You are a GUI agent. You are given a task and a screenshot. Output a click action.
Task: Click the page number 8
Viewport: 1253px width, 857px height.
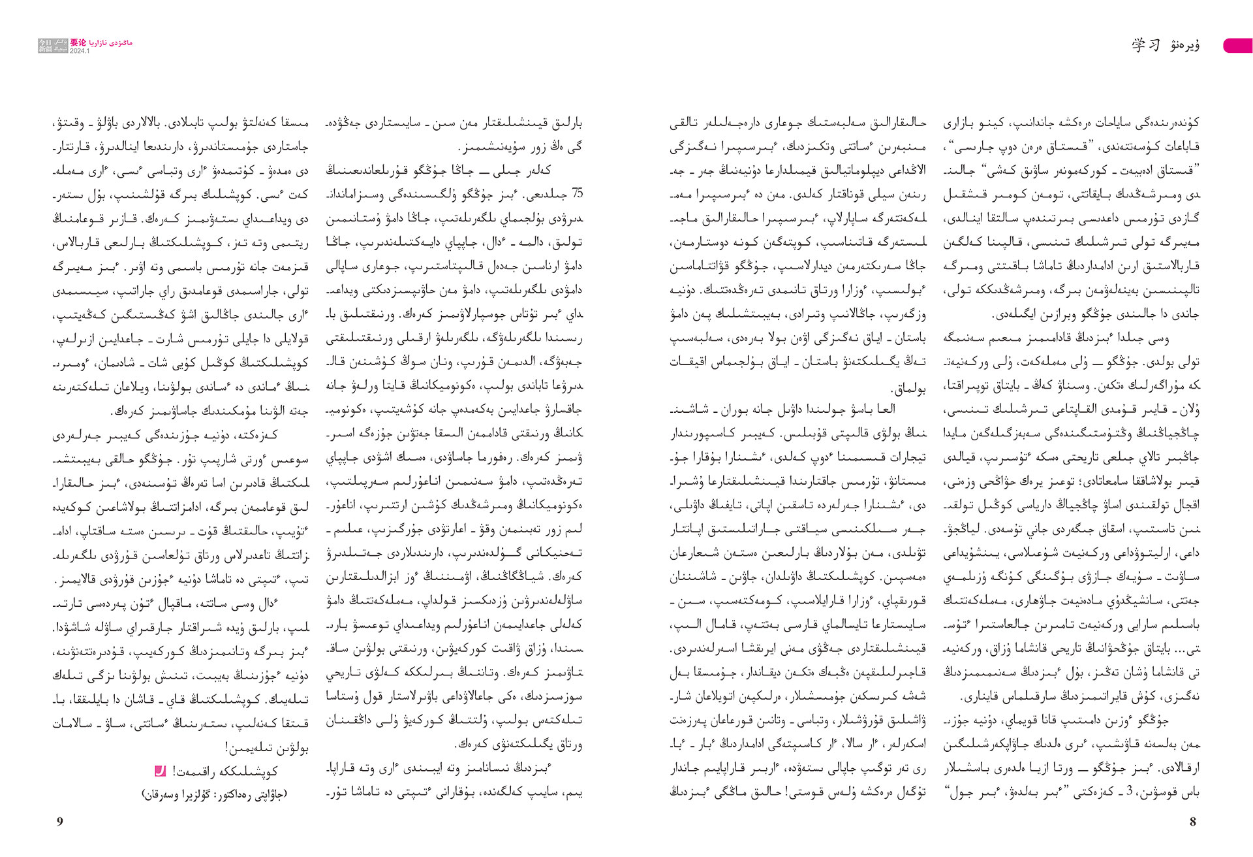pyautogui.click(x=1193, y=822)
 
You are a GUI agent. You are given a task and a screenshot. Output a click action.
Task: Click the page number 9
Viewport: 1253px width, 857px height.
pyautogui.click(x=60, y=822)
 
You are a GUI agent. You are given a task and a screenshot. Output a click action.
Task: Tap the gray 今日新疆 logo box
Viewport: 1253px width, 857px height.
pyautogui.click(x=53, y=45)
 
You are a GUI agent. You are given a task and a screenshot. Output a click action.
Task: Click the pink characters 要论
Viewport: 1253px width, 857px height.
pyautogui.click(x=78, y=42)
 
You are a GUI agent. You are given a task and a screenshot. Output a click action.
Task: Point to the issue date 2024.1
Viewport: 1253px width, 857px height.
pyautogui.click(x=80, y=51)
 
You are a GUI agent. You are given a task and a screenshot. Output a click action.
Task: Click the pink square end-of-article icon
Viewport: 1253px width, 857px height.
pyautogui.click(x=160, y=771)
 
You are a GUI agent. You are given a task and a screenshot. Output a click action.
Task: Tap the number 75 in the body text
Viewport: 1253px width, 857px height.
pyautogui.click(x=577, y=194)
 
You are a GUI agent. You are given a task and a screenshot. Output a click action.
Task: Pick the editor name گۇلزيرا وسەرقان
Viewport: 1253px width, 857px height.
pyautogui.click(x=177, y=794)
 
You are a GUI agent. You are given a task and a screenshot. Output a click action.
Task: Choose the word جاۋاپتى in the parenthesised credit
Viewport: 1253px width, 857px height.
pyautogui.click(x=270, y=794)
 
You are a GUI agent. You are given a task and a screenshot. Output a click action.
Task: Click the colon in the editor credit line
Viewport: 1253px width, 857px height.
pyautogui.click(x=213, y=794)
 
